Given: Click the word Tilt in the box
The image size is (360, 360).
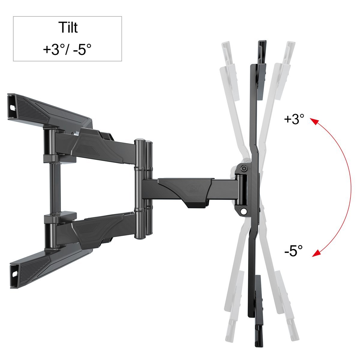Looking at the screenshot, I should click(68, 28).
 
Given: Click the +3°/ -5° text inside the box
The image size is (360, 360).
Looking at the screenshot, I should click(67, 49).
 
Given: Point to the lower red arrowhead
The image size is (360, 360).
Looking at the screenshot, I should click(316, 254).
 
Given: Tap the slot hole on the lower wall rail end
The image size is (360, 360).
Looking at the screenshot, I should click(15, 274).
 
